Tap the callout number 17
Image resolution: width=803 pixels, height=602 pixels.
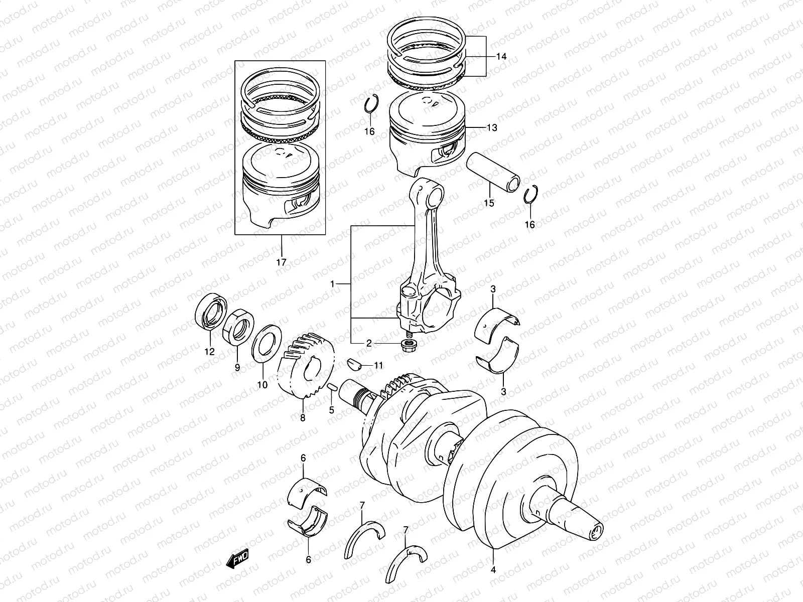[281, 262]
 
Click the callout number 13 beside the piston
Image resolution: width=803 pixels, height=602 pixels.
[492, 128]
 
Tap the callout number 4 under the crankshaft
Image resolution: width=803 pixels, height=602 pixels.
[493, 570]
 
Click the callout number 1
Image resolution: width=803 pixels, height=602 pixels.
[332, 284]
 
